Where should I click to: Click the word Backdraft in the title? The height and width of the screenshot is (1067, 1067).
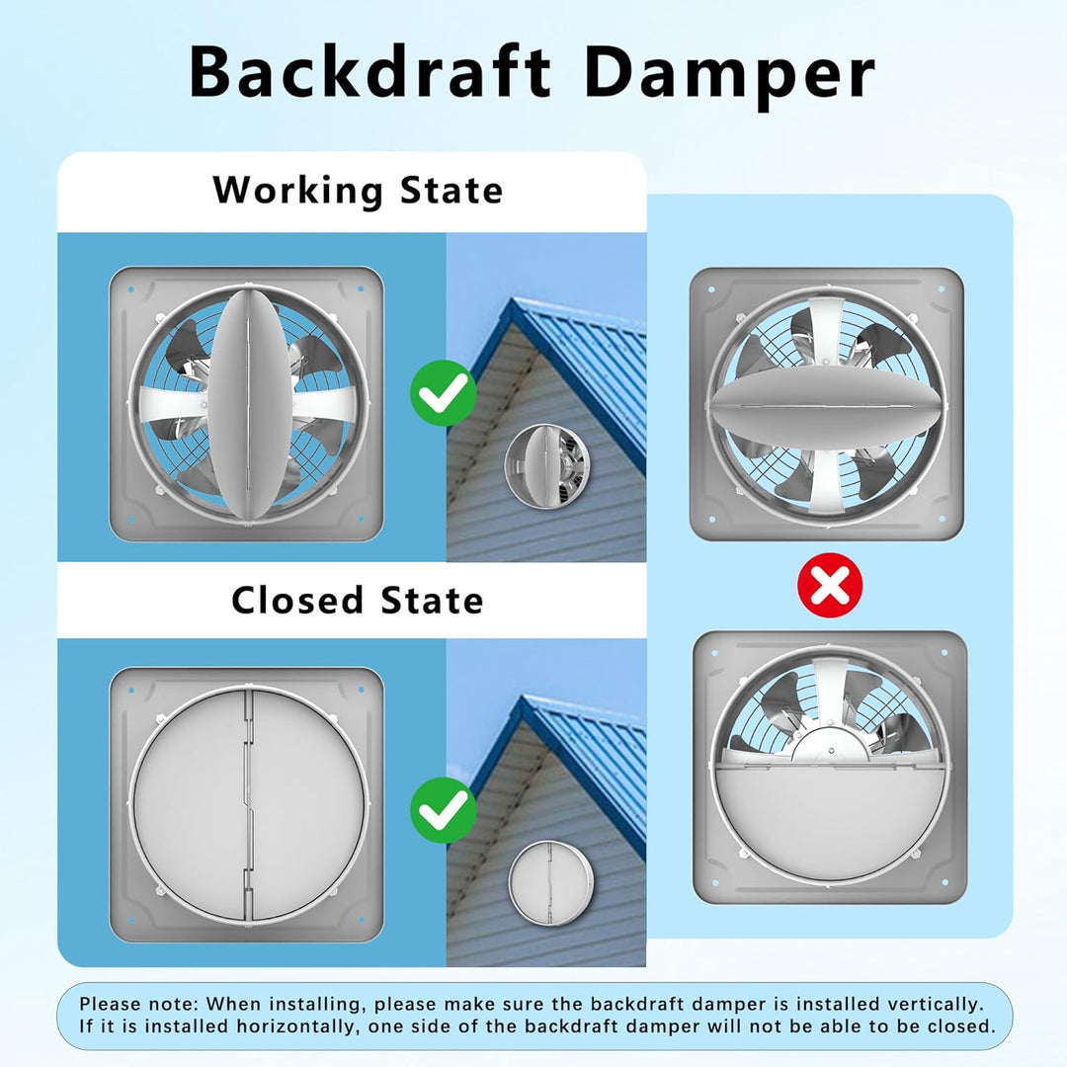[x=370, y=71]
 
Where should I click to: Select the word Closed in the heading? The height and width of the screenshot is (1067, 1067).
[x=297, y=601]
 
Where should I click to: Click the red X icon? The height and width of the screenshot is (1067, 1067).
[x=830, y=585]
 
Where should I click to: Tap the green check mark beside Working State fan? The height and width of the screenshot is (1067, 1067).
[x=443, y=392]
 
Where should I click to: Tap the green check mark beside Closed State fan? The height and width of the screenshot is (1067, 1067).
[x=443, y=810]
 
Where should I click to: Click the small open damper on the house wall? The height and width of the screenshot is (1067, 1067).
[x=546, y=465]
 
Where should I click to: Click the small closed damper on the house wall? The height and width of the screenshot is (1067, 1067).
[x=550, y=883]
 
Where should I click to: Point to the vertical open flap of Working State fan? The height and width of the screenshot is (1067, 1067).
[x=249, y=406]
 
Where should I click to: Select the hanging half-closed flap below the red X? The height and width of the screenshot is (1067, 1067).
[x=828, y=817]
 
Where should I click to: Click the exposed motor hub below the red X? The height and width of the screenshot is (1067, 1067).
[x=830, y=744]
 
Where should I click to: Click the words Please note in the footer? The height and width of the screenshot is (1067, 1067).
[x=138, y=1005]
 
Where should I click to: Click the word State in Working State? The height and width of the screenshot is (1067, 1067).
[x=451, y=191]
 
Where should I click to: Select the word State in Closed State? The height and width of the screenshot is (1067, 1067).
[x=432, y=601]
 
